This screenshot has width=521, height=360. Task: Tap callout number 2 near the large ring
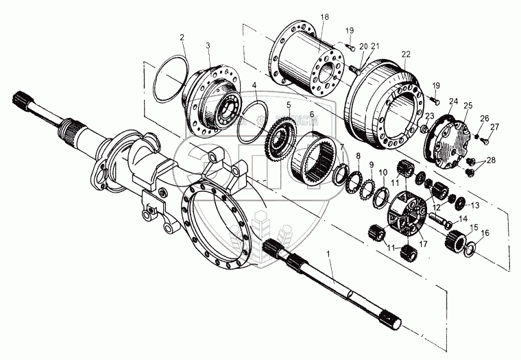coord(182,38)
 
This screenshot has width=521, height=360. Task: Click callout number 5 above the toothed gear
coord(289,105)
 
